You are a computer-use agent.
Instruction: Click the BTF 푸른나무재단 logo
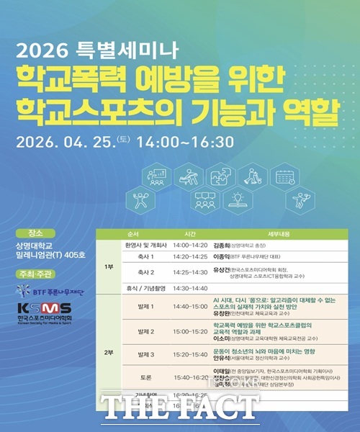pyautogui.click(x=50, y=291)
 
